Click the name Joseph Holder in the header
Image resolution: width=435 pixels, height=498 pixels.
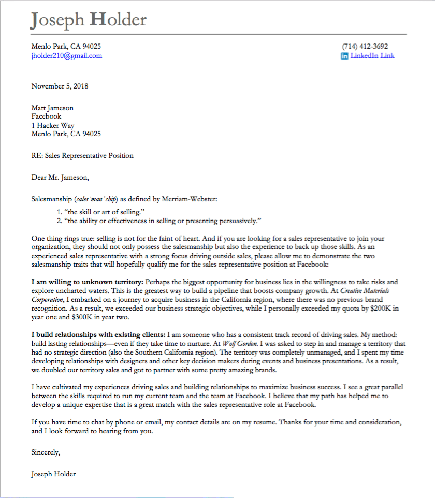point(89,20)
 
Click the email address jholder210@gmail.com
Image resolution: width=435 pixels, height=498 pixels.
point(67,56)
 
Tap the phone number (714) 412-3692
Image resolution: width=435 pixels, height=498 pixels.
point(365,46)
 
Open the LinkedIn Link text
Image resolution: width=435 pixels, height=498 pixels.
point(372,56)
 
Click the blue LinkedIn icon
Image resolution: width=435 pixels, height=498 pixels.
point(344,56)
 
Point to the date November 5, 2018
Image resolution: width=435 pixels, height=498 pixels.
point(60,86)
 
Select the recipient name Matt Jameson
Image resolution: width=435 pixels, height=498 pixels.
point(52,108)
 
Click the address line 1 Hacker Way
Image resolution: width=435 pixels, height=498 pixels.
point(53,125)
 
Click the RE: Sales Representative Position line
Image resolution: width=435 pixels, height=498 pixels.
point(82,155)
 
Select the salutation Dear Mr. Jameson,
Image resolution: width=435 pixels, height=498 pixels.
point(60,178)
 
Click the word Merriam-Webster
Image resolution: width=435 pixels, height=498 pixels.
point(192,199)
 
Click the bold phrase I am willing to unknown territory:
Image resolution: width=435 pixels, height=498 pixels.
point(87,282)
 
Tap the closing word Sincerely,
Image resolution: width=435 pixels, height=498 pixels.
point(46,452)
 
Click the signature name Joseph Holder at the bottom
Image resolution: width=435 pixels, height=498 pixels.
point(53,474)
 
